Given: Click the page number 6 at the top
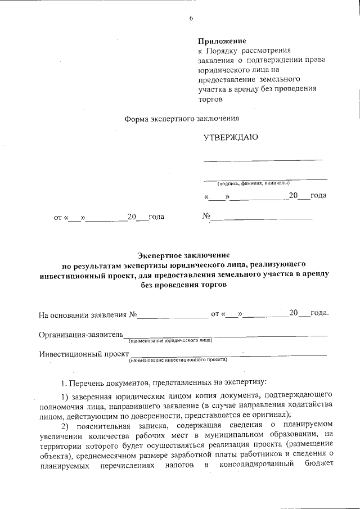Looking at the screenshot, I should (x=191, y=19).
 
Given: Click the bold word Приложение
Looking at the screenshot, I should (x=222, y=41).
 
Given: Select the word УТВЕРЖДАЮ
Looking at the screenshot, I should (x=231, y=137).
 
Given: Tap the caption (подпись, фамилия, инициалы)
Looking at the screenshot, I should (x=254, y=183).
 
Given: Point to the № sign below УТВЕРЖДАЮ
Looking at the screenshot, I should (x=206, y=216).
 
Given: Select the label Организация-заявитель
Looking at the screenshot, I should (x=81, y=334).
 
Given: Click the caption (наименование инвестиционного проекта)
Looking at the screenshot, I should (x=177, y=359).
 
